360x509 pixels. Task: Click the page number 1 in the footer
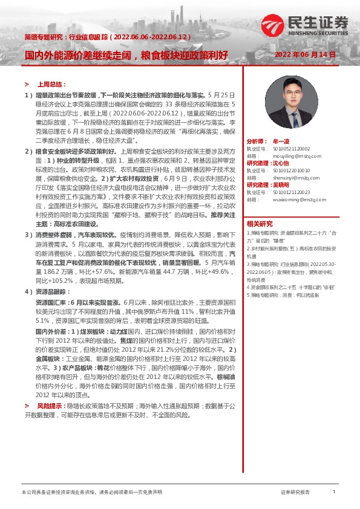(x=334, y=492)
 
